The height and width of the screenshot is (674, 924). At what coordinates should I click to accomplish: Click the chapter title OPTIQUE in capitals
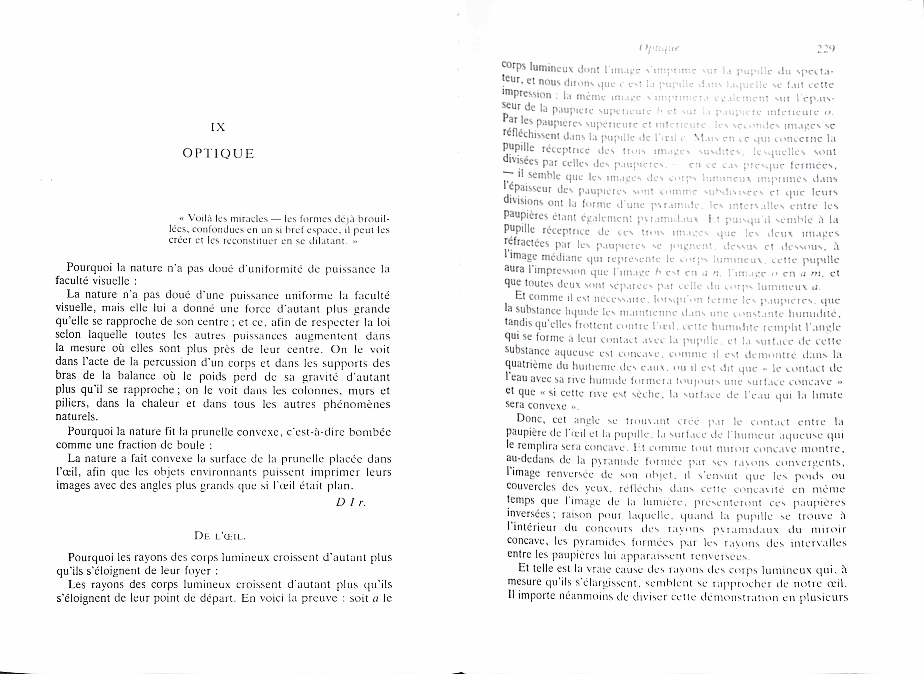click(218, 154)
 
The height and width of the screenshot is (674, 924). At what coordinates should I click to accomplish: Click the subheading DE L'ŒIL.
click(220, 536)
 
